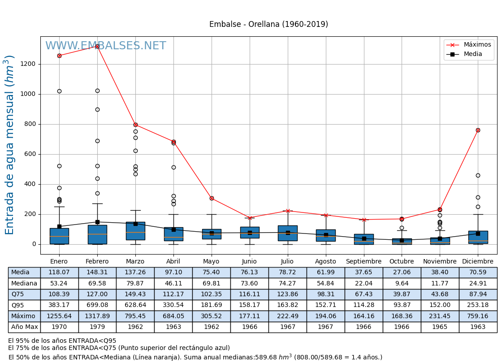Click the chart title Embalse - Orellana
tap(268, 24)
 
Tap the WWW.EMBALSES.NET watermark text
tap(105, 46)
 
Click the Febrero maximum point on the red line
tap(97, 46)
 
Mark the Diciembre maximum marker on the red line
tap(478, 130)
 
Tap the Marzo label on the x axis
tap(135, 261)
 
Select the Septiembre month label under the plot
tap(364, 261)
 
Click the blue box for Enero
tap(59, 236)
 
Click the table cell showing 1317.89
tap(97, 316)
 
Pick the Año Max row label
tap(24, 327)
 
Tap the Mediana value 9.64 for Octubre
tap(402, 283)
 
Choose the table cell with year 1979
tap(97, 327)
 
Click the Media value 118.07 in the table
tap(59, 272)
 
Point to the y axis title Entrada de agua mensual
tap(10, 145)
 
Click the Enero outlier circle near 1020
tap(59, 91)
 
